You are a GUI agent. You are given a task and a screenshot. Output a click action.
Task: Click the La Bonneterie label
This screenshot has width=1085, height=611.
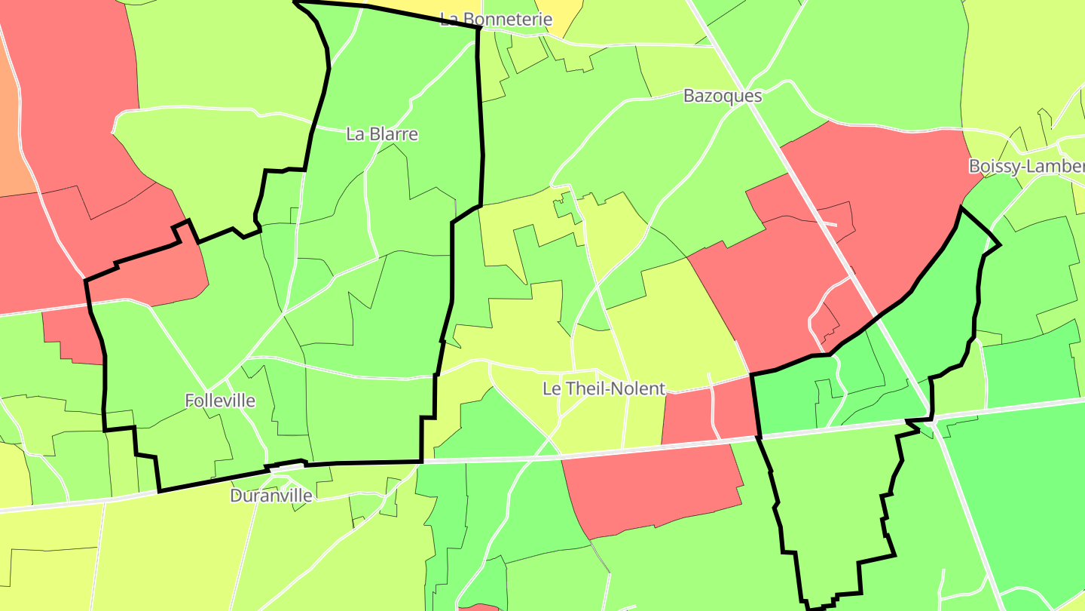(496, 20)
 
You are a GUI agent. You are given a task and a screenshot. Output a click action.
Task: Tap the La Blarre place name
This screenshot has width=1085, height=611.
(381, 134)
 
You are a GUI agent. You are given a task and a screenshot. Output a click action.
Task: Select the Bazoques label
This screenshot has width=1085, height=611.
(722, 97)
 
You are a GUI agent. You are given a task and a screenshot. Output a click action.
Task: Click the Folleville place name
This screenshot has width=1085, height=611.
(220, 401)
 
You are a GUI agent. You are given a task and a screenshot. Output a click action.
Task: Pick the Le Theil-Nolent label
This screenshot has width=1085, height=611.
(604, 388)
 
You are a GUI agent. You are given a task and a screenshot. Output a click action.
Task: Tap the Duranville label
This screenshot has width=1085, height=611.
(270, 496)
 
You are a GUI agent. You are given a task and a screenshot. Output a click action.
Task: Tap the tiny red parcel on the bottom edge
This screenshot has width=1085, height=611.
(478, 607)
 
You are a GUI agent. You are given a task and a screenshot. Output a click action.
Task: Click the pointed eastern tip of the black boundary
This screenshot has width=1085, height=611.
(999, 244)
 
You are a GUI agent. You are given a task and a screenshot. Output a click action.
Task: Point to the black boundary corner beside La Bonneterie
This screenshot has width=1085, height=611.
(478, 27)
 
